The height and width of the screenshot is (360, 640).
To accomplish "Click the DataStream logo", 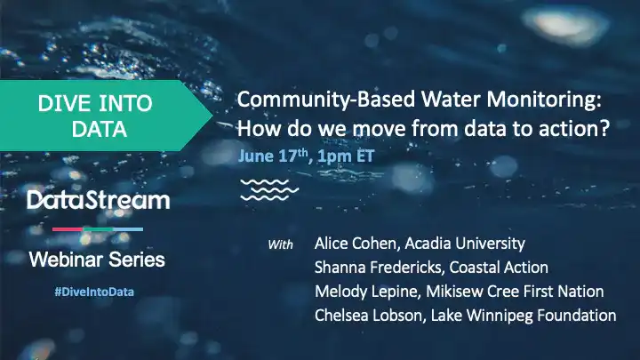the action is coord(98,200).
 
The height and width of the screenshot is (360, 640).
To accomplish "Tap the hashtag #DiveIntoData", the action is coord(94,292).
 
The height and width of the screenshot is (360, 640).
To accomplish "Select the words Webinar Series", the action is coord(97,260).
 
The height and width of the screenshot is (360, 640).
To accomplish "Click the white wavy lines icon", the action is coord(269,190).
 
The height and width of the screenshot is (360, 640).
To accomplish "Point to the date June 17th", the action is coord(273,156).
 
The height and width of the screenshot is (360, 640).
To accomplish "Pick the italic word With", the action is coord(280,244).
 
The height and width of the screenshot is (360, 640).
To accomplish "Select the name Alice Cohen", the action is coord(355,244).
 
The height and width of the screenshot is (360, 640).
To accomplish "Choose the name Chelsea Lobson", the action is coord(368,316).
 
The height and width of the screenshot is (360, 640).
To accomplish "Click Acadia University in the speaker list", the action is coord(465,244).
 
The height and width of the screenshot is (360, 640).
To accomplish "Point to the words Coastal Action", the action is coord(499,268).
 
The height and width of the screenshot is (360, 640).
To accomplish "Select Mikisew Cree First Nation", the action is coord(515,292).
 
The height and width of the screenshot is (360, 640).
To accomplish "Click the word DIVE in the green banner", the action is coord(65,104).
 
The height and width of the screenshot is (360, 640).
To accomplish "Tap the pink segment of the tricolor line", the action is coord(68,229).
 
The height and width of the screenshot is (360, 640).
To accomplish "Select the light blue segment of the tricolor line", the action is coord(128,229).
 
